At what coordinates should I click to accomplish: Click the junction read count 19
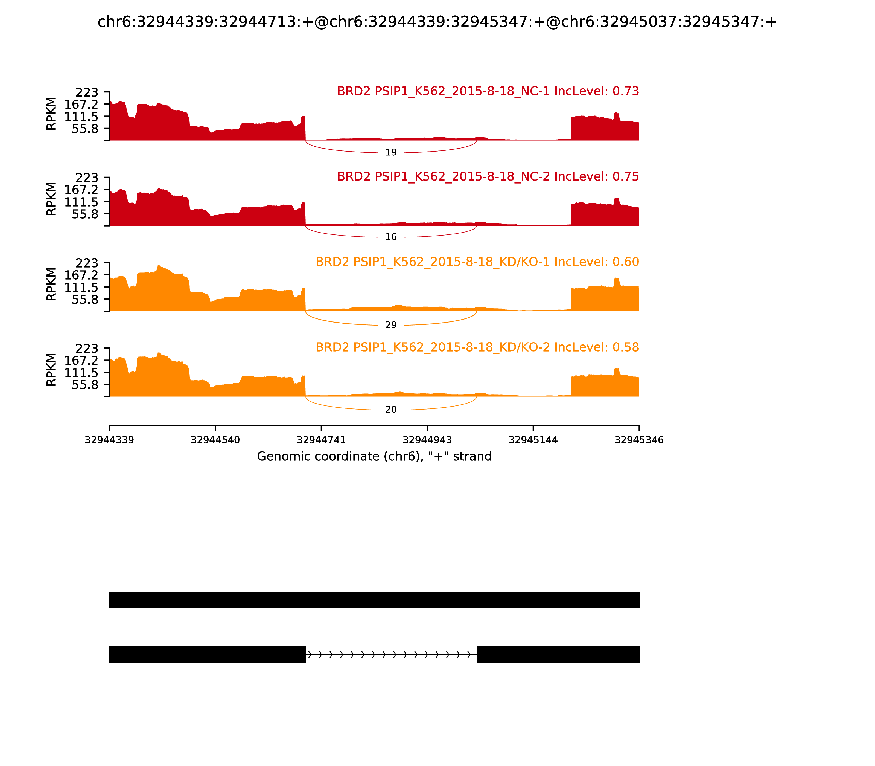[x=391, y=153]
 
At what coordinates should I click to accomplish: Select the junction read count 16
[x=391, y=237]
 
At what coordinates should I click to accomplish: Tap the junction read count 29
[x=391, y=325]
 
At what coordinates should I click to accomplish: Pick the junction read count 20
[x=391, y=410]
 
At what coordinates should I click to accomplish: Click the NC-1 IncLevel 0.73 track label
[x=488, y=91]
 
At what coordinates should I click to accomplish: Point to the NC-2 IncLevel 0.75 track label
[x=488, y=176]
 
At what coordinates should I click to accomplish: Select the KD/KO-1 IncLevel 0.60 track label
[x=477, y=262]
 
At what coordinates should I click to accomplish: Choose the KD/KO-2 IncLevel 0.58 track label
[x=477, y=347]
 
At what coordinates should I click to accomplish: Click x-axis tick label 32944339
[x=109, y=440]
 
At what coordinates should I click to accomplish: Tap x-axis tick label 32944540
[x=215, y=440]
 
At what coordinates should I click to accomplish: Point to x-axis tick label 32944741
[x=321, y=440]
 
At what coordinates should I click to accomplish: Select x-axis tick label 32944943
[x=427, y=440]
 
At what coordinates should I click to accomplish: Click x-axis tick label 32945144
[x=533, y=440]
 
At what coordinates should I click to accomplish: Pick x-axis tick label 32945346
[x=639, y=440]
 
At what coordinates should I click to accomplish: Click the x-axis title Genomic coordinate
[x=374, y=457]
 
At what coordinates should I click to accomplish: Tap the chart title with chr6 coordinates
[x=437, y=22]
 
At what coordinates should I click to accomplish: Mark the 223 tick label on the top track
[x=87, y=93]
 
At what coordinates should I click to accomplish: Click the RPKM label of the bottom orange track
[x=51, y=370]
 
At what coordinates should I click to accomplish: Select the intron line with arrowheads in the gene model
[x=391, y=654]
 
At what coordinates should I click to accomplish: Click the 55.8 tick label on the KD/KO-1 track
[x=85, y=300]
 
